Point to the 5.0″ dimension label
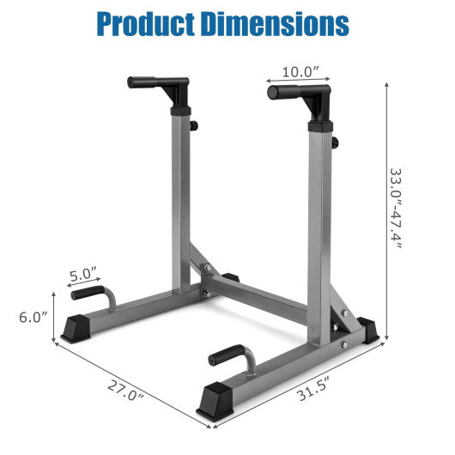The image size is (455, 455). pyautogui.click(x=83, y=276)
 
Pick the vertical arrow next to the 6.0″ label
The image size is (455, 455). pyautogui.click(x=56, y=316)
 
